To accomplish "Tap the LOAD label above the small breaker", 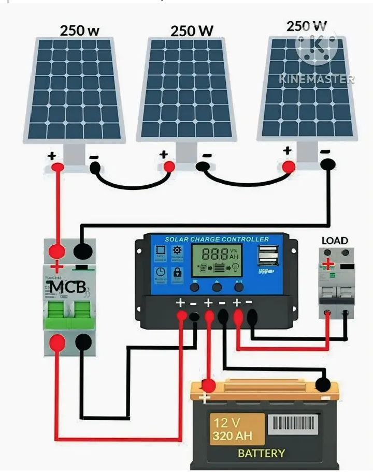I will tap(335, 241).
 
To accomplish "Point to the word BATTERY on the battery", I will tap(261, 453).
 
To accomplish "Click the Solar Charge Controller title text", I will tap(217, 239).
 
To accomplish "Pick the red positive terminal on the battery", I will tap(208, 386).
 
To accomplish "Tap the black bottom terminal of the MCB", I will tap(83, 342).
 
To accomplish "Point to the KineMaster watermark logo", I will tap(317, 47).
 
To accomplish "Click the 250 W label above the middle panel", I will tap(192, 31).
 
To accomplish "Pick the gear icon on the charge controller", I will tap(177, 251).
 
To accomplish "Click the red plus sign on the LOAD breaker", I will tap(327, 264).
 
